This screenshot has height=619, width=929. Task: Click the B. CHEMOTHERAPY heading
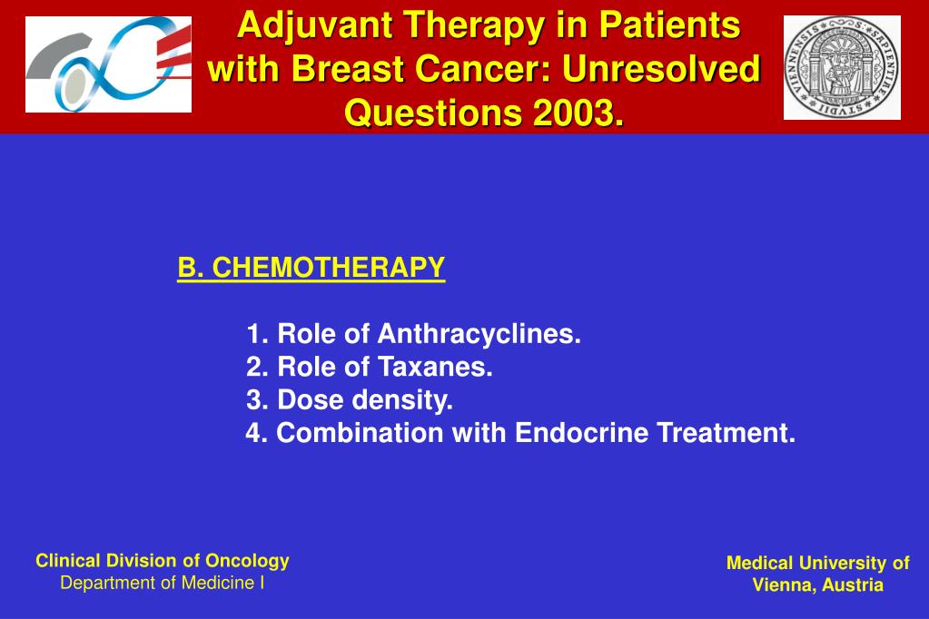coord(311,268)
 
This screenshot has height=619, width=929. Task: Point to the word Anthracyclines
coord(479,334)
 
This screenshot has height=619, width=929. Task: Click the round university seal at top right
coord(842,67)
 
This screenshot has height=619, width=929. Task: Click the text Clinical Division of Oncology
coord(163,560)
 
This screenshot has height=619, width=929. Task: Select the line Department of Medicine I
coord(163,583)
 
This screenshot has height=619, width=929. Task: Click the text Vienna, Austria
coord(817,585)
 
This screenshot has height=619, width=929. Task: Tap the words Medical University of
coord(817,563)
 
